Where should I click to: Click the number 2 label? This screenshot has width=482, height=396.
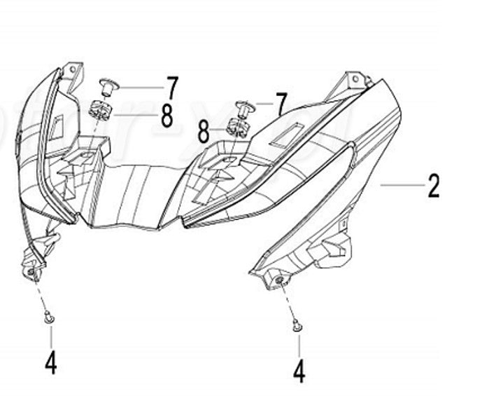[x=434, y=186]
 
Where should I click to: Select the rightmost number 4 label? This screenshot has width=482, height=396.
[x=299, y=370]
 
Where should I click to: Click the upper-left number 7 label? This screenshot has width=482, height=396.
[x=171, y=88]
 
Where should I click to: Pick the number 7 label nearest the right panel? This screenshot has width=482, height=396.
[x=281, y=104]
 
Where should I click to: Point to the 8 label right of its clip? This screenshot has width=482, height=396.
[x=166, y=116]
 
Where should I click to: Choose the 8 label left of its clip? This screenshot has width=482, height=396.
[x=204, y=130]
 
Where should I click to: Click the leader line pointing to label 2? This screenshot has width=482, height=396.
[x=402, y=185]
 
